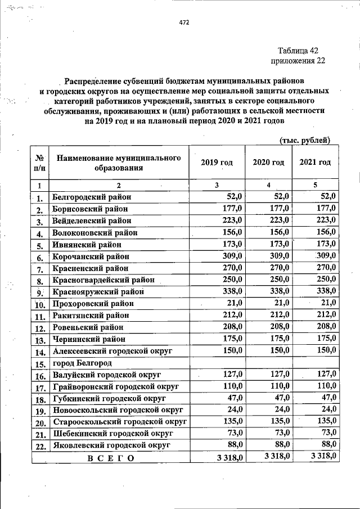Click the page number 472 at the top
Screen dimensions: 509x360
(x=184, y=22)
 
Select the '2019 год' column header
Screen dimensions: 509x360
(x=217, y=163)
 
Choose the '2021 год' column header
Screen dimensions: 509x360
(x=315, y=163)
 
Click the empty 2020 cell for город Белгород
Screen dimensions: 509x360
(x=268, y=363)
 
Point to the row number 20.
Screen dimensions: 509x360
(x=39, y=423)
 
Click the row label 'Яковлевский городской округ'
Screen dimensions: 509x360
(x=110, y=446)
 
